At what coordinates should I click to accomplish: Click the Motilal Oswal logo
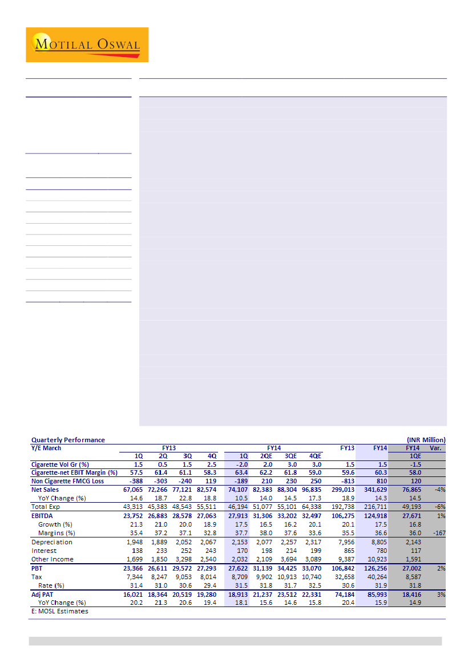pyautogui.click(x=87, y=45)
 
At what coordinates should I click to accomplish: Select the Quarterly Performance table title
pyautogui.click(x=68, y=440)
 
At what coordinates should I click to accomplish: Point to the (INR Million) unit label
pyautogui.click(x=426, y=440)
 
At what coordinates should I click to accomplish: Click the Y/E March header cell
pyautogui.click(x=46, y=448)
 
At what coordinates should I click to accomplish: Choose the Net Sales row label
pyautogui.click(x=45, y=490)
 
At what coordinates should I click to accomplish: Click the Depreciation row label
pyautogui.click(x=52, y=542)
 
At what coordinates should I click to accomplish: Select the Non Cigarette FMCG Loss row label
pyautogui.click(x=67, y=481)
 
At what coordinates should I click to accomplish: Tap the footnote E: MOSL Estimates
pyautogui.click(x=60, y=611)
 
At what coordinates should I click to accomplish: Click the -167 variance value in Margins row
pyautogui.click(x=438, y=533)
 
